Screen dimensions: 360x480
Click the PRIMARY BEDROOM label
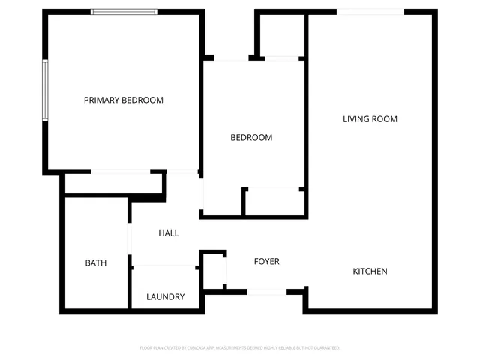pyautogui.click(x=124, y=100)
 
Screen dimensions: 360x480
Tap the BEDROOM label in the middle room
pyautogui.click(x=251, y=138)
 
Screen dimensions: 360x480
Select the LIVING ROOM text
pyautogui.click(x=370, y=119)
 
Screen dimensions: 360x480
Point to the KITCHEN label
pyautogui.click(x=370, y=271)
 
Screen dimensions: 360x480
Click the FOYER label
pyautogui.click(x=267, y=262)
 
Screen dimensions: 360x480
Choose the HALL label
pyautogui.click(x=169, y=233)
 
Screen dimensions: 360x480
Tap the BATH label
pyautogui.click(x=96, y=263)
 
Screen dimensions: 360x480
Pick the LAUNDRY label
pyautogui.click(x=166, y=297)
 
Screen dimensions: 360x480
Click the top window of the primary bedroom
pyautogui.click(x=124, y=12)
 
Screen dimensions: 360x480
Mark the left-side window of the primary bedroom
pyautogui.click(x=45, y=90)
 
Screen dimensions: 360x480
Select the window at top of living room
pyautogui.click(x=370, y=11)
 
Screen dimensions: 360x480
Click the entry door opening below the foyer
pyautogui.click(x=266, y=291)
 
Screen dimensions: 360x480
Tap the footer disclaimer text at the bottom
pyautogui.click(x=240, y=348)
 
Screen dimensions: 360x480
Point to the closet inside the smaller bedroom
pyautogui.click(x=274, y=201)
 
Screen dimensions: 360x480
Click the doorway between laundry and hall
pyautogui.click(x=165, y=265)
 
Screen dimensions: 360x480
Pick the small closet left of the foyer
pyautogui.click(x=214, y=270)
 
